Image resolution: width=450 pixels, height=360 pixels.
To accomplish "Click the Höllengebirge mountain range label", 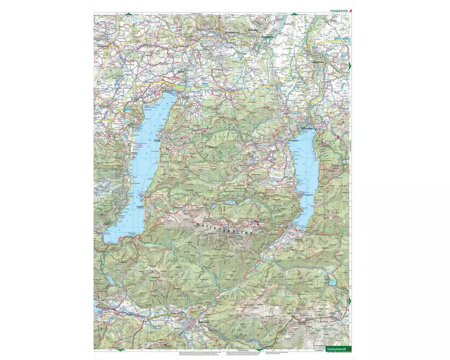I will (225, 227).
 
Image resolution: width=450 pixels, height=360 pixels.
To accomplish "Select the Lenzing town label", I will (182, 72).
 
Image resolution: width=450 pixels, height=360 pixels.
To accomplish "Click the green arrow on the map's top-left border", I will (128, 14).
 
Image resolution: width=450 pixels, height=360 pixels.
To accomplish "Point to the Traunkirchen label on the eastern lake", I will (309, 194).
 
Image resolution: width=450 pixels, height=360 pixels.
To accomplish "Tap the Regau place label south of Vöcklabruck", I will (245, 53).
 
